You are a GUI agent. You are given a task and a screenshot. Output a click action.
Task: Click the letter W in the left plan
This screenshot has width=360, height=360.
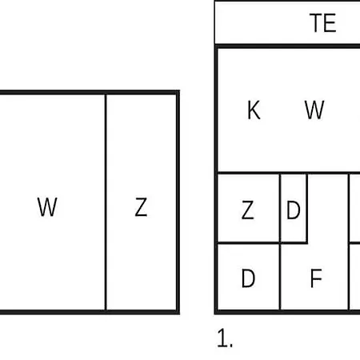click(x=47, y=206)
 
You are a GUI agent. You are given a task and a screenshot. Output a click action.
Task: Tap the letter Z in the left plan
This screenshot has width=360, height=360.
click(x=141, y=206)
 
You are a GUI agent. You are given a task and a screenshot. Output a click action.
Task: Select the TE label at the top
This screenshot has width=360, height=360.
click(x=322, y=23)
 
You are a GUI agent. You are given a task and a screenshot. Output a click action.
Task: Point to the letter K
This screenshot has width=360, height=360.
click(x=254, y=110)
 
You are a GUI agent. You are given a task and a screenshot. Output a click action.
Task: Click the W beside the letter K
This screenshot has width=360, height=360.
click(x=314, y=110)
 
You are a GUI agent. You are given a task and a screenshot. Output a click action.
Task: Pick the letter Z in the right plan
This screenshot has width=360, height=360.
click(x=247, y=210)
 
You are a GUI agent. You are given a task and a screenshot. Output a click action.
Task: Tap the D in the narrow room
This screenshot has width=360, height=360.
click(x=294, y=210)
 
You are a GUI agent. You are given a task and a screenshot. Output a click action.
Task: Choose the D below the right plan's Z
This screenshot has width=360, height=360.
click(x=248, y=278)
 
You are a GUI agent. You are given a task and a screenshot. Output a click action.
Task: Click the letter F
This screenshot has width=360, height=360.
click(x=316, y=278)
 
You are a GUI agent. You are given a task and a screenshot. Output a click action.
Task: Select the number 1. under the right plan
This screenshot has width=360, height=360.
click(x=225, y=338)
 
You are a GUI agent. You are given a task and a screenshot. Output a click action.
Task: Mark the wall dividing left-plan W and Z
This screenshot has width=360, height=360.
click(x=106, y=202)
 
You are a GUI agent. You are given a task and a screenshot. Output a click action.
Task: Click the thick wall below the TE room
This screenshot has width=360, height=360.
click(x=287, y=46)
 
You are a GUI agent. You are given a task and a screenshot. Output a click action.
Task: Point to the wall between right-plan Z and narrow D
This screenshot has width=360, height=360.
click(x=280, y=208)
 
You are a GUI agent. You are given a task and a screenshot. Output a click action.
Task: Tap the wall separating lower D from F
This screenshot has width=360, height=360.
click(x=280, y=277)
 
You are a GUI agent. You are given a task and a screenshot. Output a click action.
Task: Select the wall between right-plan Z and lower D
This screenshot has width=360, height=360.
click(x=249, y=243)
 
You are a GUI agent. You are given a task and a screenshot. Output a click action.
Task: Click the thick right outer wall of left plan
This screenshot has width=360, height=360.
click(x=178, y=202)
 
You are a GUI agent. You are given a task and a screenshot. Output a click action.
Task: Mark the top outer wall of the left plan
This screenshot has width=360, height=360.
click(x=90, y=93)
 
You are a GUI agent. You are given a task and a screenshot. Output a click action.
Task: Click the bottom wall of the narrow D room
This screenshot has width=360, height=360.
click(x=294, y=242)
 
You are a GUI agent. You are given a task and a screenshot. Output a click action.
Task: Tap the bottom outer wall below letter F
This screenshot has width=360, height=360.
click(x=314, y=312)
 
